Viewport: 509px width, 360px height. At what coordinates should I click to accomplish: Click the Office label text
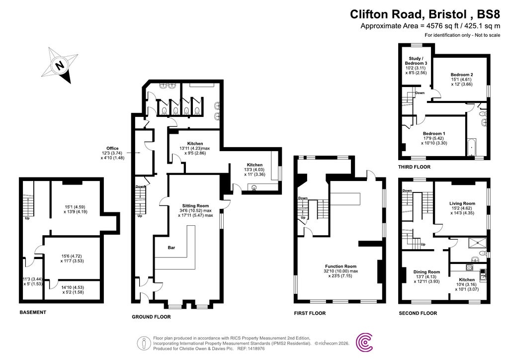(112, 148)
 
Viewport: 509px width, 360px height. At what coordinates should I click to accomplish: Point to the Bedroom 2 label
(461, 75)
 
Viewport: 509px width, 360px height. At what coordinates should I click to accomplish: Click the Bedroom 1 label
(434, 133)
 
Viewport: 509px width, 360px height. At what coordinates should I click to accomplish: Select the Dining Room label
(426, 271)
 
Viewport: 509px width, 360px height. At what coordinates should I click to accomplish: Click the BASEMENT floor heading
(33, 312)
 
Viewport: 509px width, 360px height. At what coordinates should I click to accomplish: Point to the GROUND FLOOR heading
(151, 317)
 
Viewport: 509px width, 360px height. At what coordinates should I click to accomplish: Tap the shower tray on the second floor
(477, 243)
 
